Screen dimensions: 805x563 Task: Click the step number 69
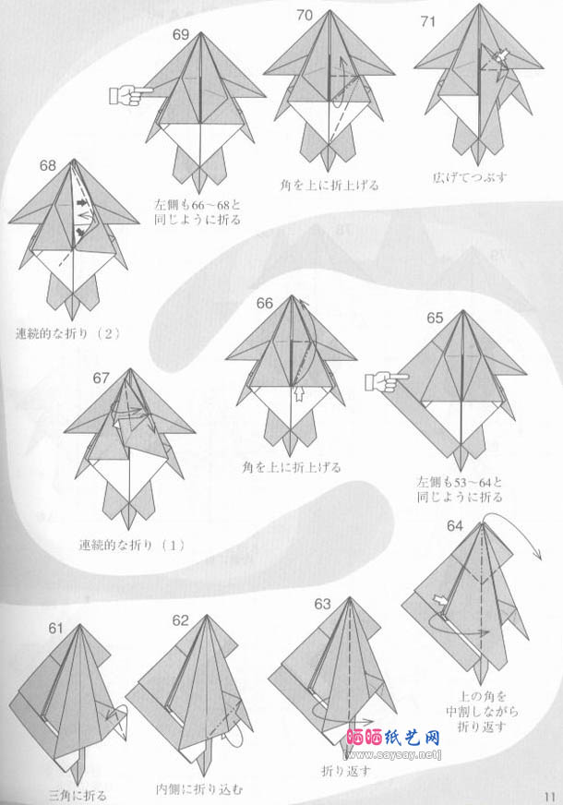click(181, 35)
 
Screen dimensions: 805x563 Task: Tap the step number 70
click(305, 15)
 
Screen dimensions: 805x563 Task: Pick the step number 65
click(435, 318)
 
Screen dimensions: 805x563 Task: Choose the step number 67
click(102, 377)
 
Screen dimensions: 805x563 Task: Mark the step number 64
click(455, 526)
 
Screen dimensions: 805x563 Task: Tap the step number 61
click(56, 629)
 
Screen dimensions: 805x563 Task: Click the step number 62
click(180, 620)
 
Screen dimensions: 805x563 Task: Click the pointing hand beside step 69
click(131, 93)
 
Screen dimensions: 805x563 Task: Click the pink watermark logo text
click(392, 739)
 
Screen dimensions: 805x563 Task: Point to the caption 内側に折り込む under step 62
click(200, 788)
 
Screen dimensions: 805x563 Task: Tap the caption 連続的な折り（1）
click(132, 545)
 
